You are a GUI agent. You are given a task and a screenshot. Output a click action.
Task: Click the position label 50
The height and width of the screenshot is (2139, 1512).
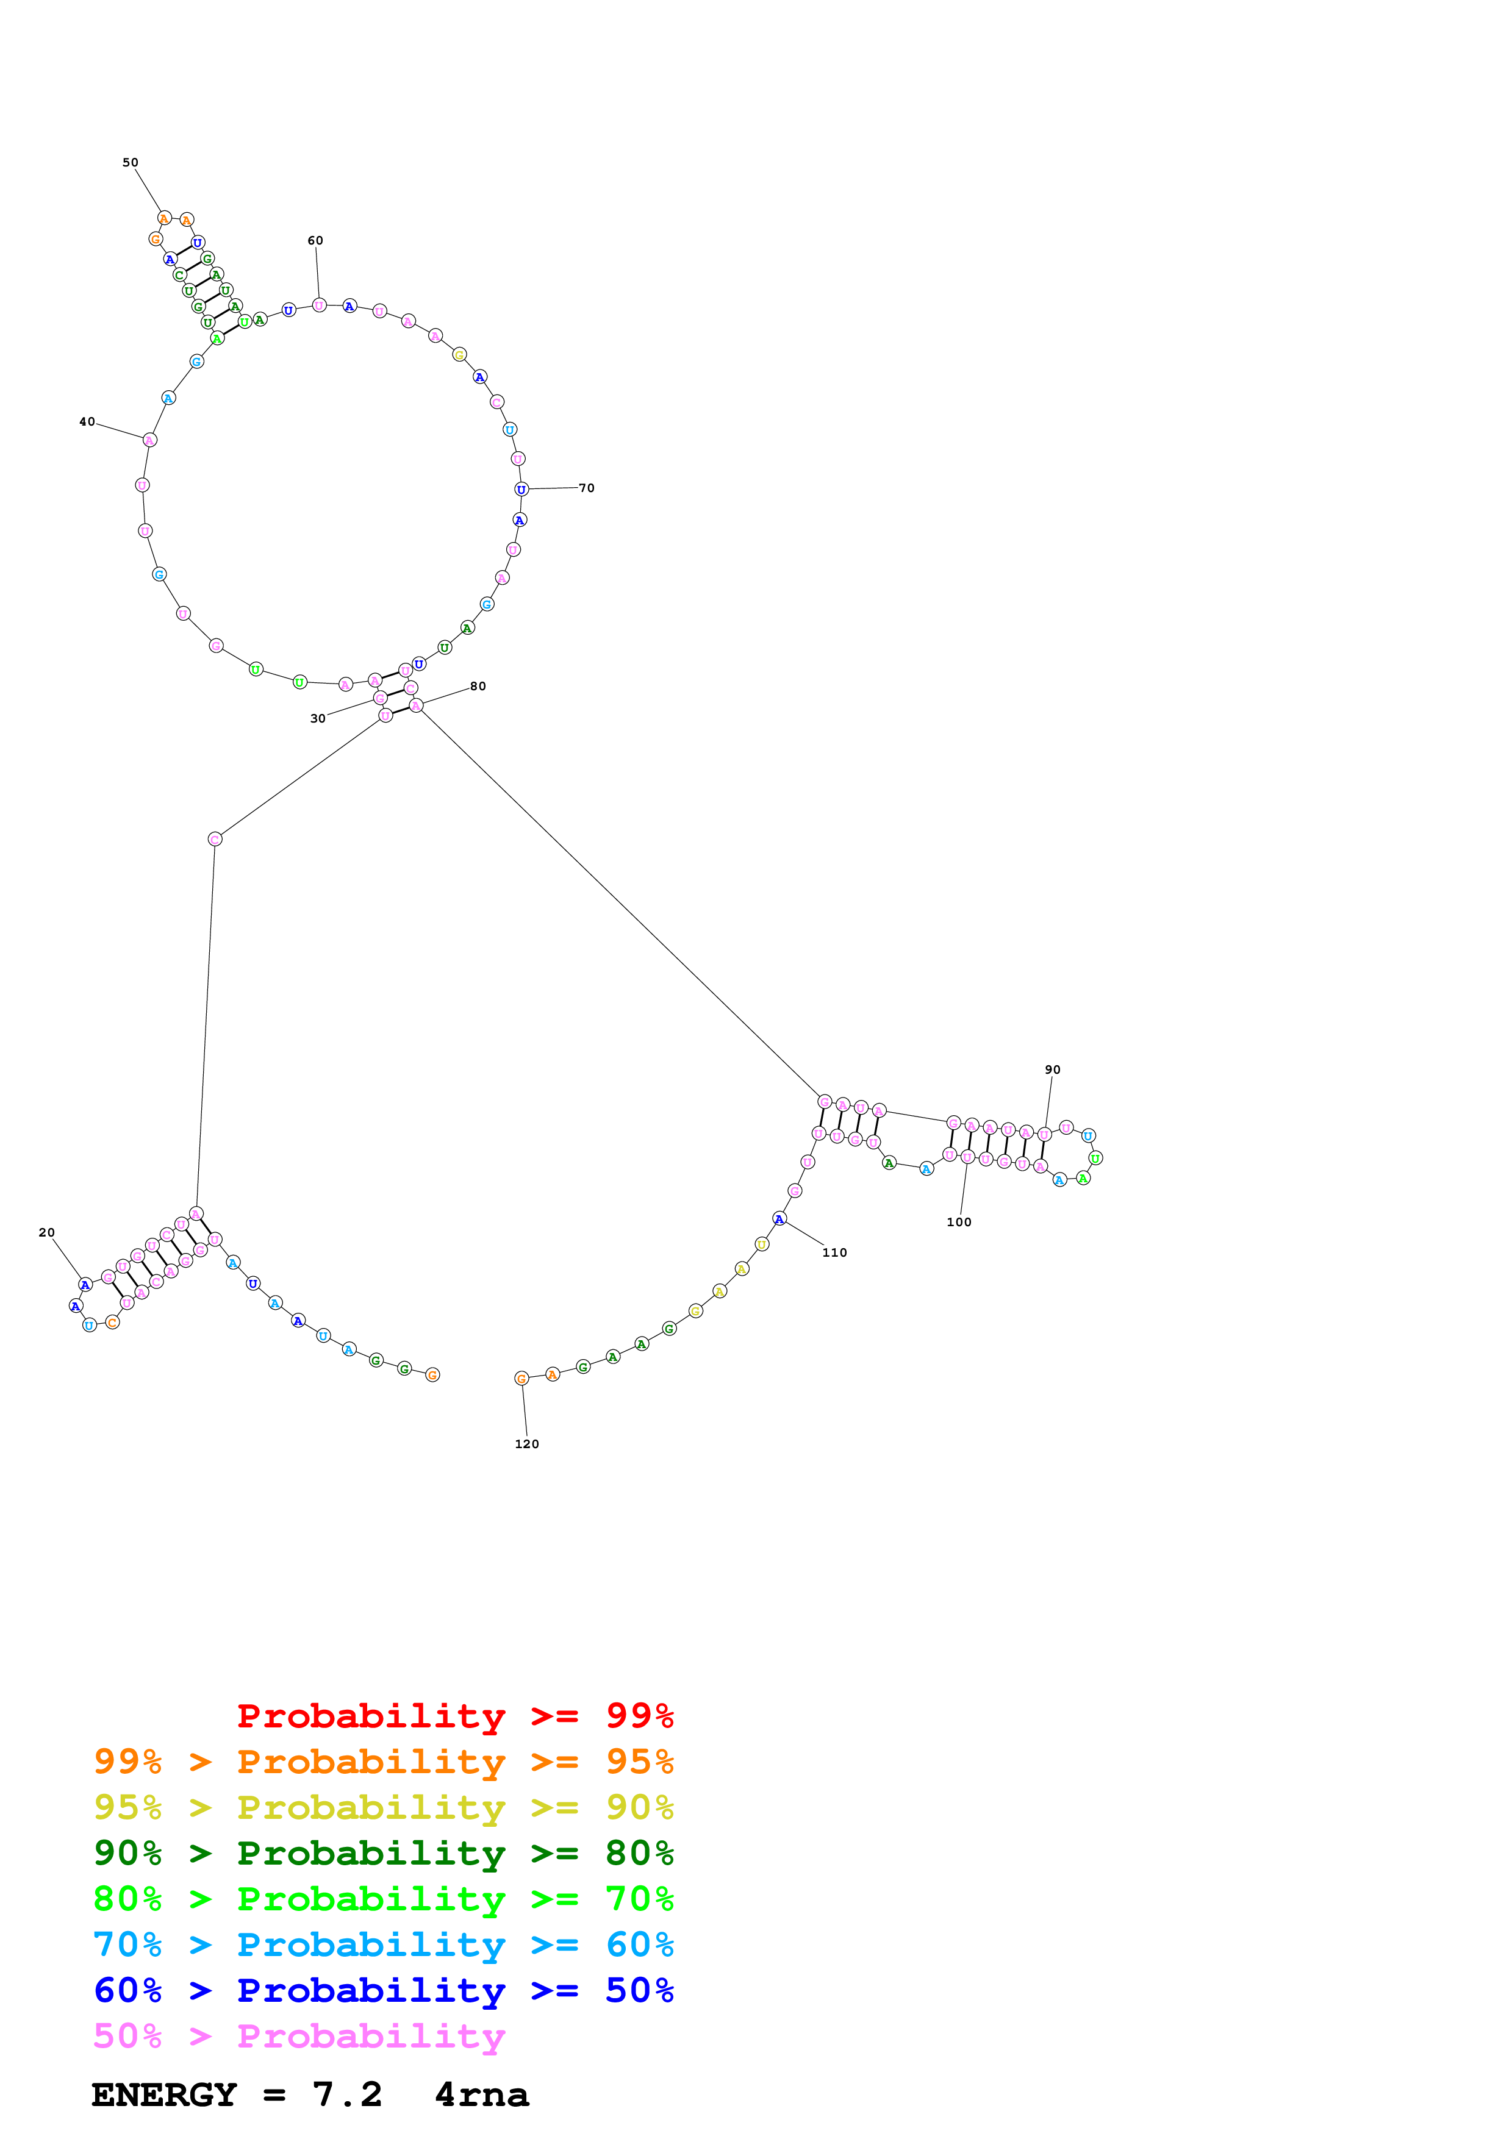(131, 163)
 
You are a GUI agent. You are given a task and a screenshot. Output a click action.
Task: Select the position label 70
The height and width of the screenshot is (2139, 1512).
(587, 489)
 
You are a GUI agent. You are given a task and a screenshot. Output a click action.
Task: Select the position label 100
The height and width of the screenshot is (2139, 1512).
(959, 1223)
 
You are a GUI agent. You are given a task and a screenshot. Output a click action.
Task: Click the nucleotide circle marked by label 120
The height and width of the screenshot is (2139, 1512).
(521, 1379)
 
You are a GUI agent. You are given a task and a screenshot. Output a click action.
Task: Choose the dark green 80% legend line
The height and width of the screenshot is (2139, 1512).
(383, 1853)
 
